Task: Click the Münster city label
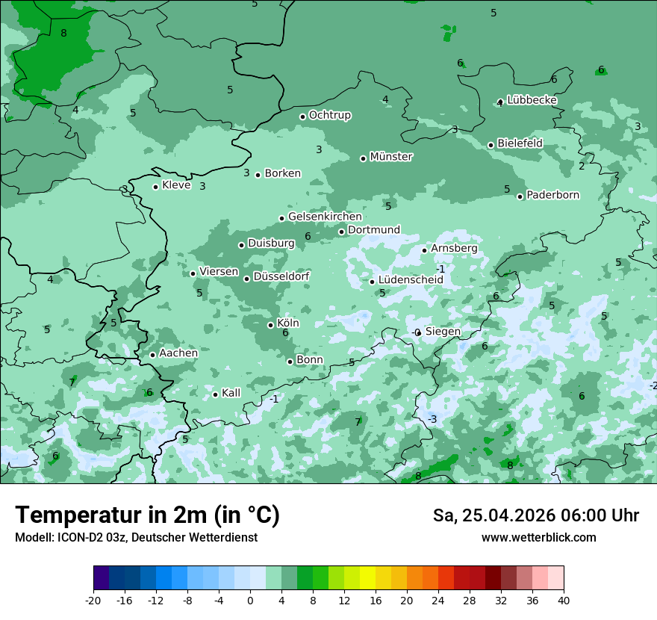click(x=390, y=157)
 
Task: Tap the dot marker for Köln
click(x=271, y=325)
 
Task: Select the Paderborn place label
click(x=552, y=196)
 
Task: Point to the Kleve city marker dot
click(x=156, y=187)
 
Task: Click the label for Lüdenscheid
click(x=411, y=280)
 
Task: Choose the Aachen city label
click(x=178, y=353)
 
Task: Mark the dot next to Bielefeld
click(x=491, y=145)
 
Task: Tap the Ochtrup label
click(x=329, y=115)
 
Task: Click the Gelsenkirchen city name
click(x=325, y=217)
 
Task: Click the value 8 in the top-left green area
click(x=63, y=33)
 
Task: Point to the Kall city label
click(x=231, y=393)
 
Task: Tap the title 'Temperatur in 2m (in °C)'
click(x=147, y=515)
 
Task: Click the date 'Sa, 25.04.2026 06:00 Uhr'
click(x=535, y=515)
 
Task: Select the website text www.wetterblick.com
click(x=538, y=538)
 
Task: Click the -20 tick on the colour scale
click(x=93, y=600)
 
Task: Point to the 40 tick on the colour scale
click(x=563, y=600)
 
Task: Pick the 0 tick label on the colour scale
click(x=250, y=600)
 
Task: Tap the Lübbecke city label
click(x=532, y=100)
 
